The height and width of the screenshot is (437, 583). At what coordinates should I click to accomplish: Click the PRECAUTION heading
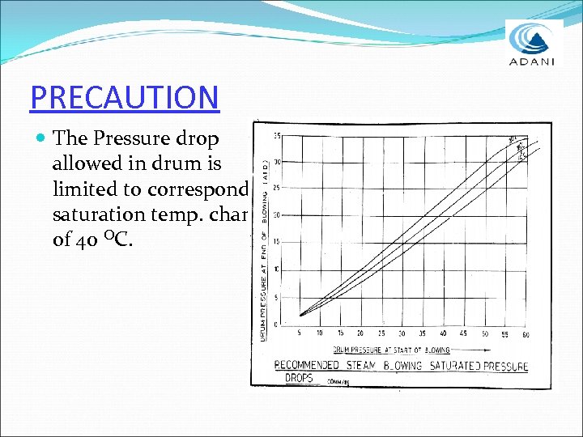124,97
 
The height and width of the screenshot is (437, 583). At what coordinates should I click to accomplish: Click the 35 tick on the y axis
278,135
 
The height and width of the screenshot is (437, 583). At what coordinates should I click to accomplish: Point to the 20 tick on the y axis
277,215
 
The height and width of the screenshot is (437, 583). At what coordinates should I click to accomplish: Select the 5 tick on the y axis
278,296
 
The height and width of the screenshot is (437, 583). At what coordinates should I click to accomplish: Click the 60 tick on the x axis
526,333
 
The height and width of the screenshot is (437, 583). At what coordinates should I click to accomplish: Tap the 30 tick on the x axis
402,333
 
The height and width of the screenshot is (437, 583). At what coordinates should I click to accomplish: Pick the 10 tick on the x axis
319,333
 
